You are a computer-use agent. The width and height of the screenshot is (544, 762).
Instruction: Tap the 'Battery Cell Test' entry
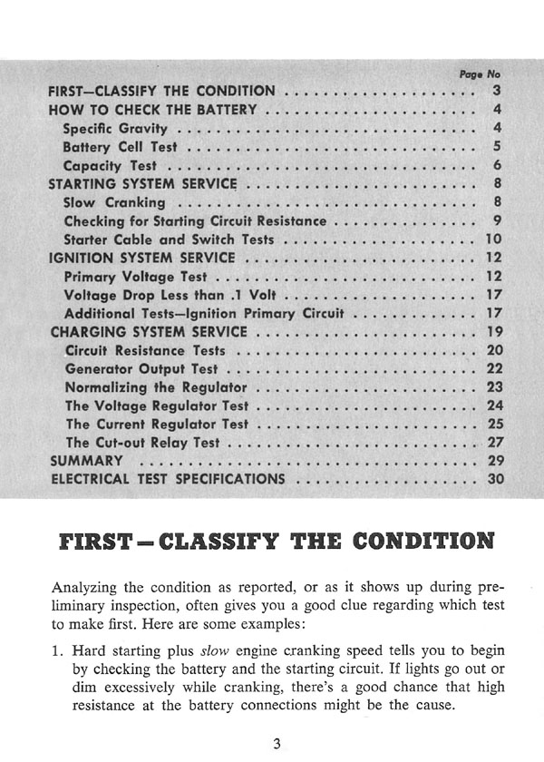click(121, 147)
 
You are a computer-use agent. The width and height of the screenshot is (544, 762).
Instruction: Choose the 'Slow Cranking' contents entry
click(115, 202)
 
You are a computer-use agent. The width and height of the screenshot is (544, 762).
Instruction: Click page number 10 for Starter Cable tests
click(493, 239)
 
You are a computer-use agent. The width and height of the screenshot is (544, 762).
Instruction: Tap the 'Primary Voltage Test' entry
click(136, 277)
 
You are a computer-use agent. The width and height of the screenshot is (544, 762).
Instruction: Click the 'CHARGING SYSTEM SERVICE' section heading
click(149, 332)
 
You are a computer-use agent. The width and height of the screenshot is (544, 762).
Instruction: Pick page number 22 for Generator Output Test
click(493, 368)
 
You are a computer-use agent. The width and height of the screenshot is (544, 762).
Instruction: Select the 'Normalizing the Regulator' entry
click(143, 387)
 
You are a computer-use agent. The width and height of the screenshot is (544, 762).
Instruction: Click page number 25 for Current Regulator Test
click(493, 424)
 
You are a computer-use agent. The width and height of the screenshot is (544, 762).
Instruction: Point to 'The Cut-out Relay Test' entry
click(143, 443)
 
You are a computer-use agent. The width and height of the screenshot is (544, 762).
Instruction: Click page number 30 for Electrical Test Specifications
click(493, 479)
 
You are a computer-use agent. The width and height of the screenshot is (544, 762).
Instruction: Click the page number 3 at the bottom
click(277, 744)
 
